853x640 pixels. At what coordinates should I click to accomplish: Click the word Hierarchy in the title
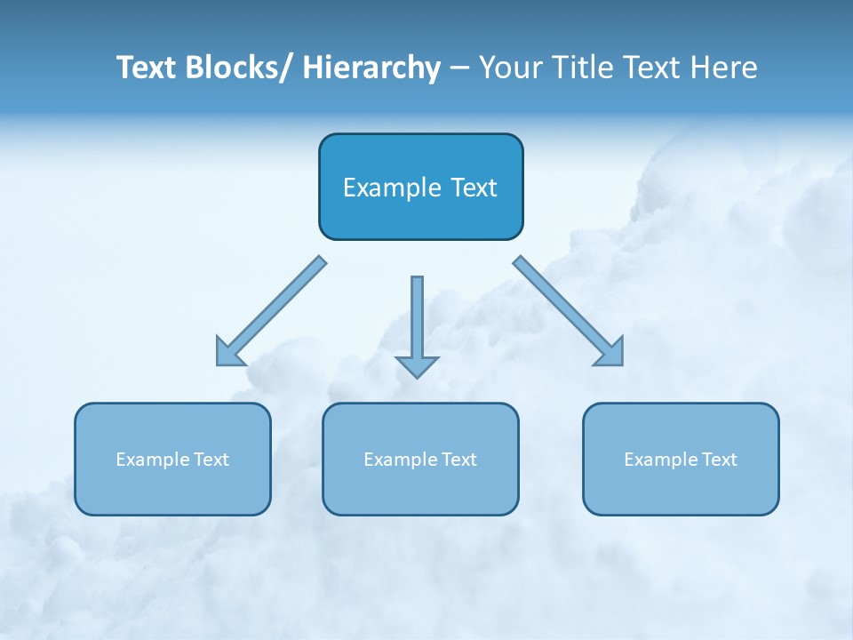point(371,68)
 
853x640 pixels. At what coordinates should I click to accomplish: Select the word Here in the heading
point(725,68)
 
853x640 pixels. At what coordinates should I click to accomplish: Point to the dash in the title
point(459,68)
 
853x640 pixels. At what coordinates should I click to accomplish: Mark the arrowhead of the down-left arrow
point(227,355)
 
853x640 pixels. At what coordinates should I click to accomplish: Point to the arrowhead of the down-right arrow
point(611,354)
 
